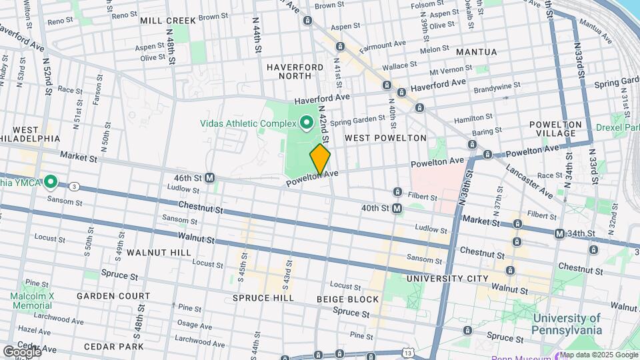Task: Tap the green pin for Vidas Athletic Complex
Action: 307,122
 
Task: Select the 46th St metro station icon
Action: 209,178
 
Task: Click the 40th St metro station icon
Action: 397,209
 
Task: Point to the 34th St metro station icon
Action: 559,233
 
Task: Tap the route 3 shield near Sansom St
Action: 75,186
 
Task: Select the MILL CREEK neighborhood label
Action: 168,21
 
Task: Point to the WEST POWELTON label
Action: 385,138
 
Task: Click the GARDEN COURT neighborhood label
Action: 113,295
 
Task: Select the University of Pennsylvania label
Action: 567,324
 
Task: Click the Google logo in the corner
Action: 21,351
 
